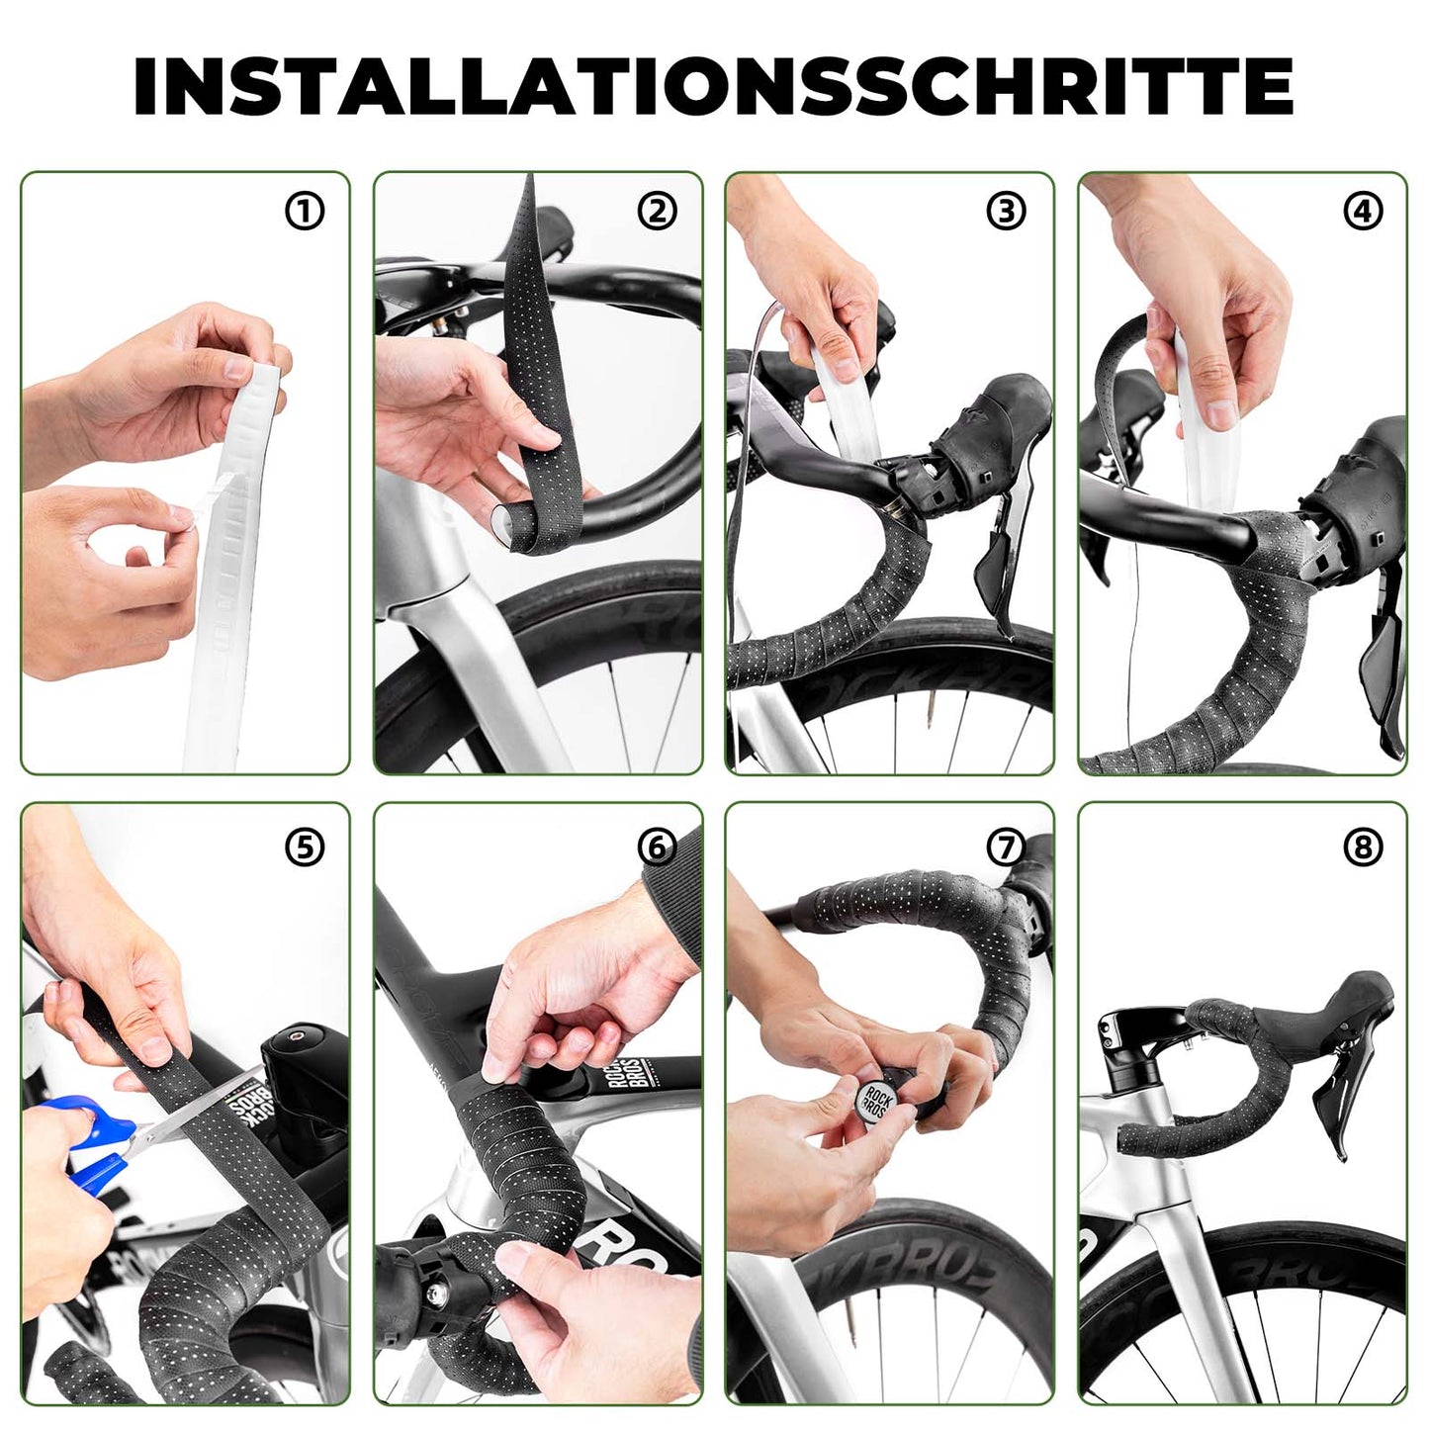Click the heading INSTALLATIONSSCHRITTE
[x=713, y=86]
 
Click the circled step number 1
[x=305, y=211]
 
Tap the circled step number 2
[x=658, y=211]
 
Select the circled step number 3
[x=1007, y=211]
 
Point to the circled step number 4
[x=1363, y=211]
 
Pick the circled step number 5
[x=305, y=847]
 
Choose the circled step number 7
[x=1007, y=847]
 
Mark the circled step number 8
[x=1363, y=847]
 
